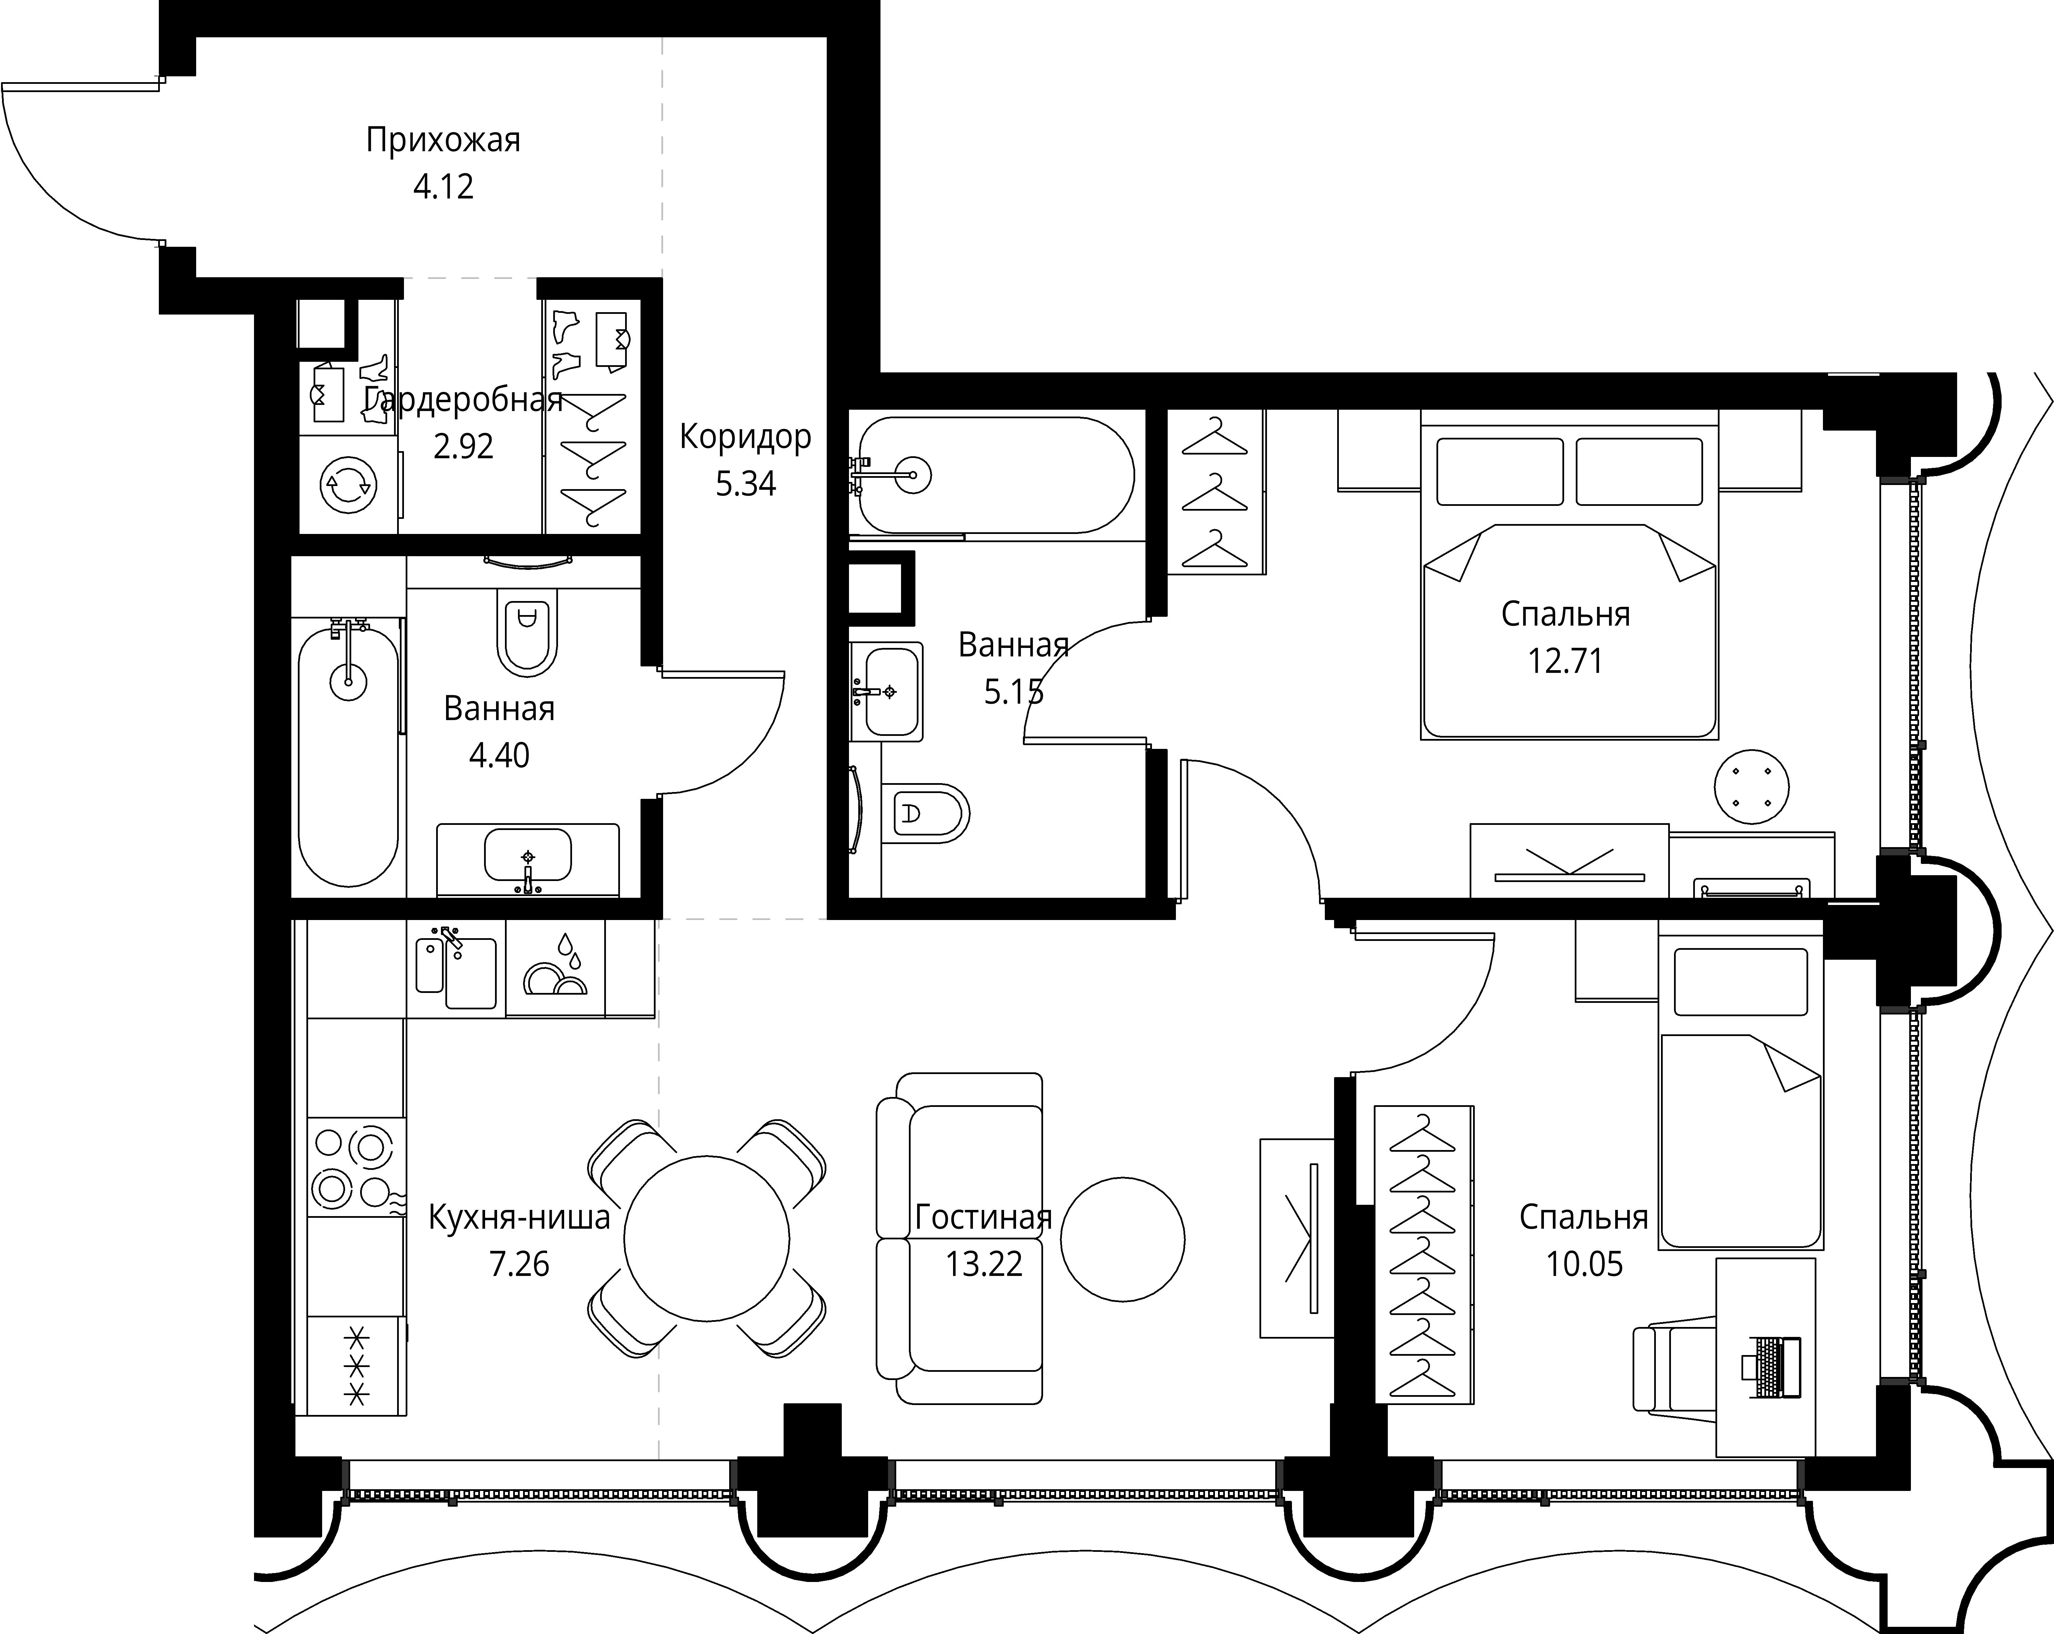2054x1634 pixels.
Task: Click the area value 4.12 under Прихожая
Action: click(443, 187)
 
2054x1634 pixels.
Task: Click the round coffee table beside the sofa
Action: click(1122, 1240)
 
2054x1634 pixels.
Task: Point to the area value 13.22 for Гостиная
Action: click(984, 1264)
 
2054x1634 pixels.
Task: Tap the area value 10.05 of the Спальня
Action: click(1584, 1264)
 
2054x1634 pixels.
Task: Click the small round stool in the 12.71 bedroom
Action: click(1751, 787)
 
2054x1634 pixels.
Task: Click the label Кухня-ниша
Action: click(519, 1218)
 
